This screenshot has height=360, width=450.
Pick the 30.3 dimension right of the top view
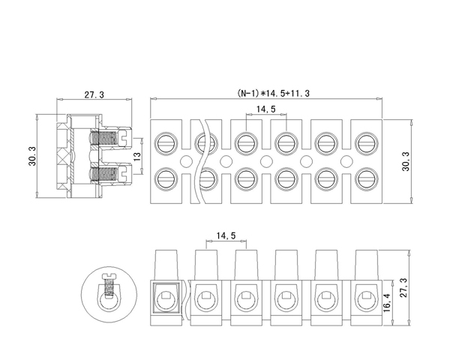click(406, 160)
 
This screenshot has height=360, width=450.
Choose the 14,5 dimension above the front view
click(225, 236)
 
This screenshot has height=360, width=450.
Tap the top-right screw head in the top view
click(364, 141)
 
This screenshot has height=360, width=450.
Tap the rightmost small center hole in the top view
click(345, 160)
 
